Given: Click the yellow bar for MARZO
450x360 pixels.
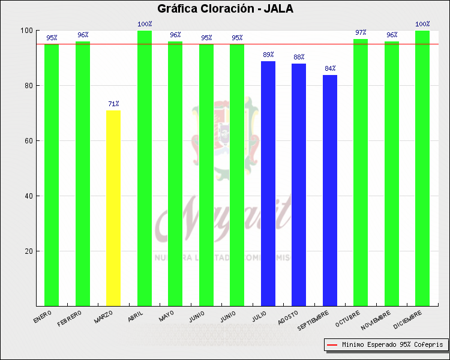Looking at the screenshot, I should (113, 208).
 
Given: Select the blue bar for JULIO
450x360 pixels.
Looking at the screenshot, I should (268, 183).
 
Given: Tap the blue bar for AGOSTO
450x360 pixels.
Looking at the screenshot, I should (299, 184).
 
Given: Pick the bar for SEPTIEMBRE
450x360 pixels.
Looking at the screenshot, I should (330, 190).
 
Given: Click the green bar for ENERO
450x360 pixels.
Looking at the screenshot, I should (52, 175).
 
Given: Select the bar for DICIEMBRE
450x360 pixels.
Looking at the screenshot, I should (422, 168).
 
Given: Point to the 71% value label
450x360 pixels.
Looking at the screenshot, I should (113, 104).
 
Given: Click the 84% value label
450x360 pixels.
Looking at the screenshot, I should (330, 68).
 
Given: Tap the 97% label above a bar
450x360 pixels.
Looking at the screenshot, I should (361, 32).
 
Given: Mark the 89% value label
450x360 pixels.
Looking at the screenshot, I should (268, 55).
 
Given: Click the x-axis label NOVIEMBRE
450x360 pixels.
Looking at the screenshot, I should (376, 322).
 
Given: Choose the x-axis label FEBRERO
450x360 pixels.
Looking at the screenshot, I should (70, 319).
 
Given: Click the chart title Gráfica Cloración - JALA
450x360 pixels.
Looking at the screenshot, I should (225, 9).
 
